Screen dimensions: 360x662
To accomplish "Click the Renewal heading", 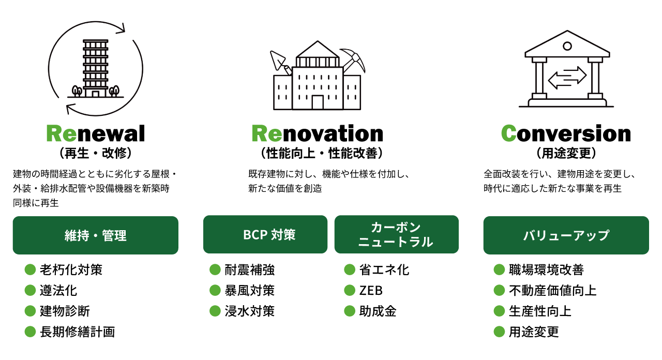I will (x=96, y=133).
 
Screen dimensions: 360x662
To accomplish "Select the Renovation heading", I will (x=317, y=133).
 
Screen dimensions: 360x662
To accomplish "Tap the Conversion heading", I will (x=566, y=133).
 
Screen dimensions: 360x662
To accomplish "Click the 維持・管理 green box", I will (x=96, y=235).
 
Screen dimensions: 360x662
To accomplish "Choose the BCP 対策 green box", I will (x=265, y=234).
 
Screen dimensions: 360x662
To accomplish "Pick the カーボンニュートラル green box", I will (x=397, y=234).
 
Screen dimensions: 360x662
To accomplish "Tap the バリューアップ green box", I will (x=566, y=235).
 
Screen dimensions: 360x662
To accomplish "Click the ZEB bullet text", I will (x=371, y=290).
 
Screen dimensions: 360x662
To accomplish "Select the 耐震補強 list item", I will (x=249, y=269).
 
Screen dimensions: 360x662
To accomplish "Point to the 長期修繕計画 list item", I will (x=77, y=332).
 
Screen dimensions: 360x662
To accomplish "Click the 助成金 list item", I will (x=378, y=311).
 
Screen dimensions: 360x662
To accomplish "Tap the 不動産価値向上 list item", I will (x=552, y=290).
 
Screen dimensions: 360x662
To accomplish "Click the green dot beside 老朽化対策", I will (x=30, y=269).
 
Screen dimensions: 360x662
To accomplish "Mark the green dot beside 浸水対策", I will (x=215, y=311).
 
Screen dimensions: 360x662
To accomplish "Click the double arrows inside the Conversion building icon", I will (x=567, y=78).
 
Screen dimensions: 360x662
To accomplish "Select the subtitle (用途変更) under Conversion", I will (x=566, y=154).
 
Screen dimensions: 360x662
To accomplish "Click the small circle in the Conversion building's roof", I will (x=567, y=46).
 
